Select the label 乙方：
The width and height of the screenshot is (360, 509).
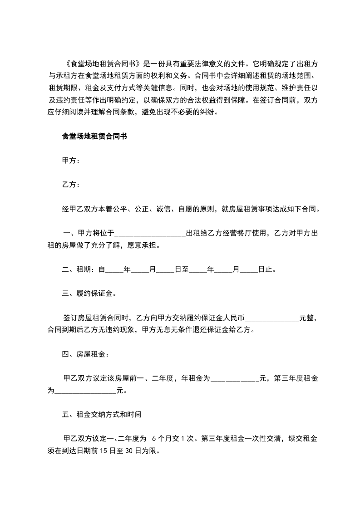tap(71, 185)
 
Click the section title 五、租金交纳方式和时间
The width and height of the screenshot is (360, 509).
tap(102, 415)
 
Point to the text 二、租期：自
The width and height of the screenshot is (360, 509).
tap(83, 269)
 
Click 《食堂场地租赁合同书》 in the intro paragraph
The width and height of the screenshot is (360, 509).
tap(101, 63)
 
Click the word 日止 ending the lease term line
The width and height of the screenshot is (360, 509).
tap(265, 269)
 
